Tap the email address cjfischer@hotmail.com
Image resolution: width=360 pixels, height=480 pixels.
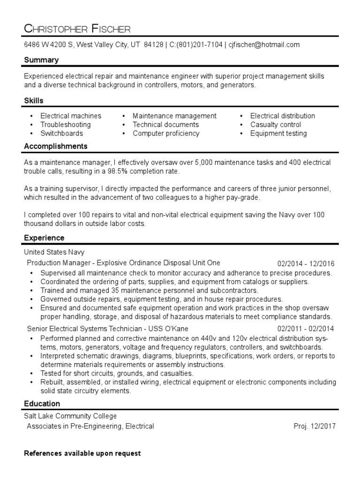pos(264,45)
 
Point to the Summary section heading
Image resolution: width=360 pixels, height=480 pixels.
pos(41,60)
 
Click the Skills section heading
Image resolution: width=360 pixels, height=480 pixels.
pos(33,101)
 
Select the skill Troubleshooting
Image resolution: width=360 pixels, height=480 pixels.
pos(65,125)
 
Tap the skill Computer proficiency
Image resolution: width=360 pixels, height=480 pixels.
pos(165,133)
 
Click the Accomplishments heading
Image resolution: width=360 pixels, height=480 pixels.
pos(56,146)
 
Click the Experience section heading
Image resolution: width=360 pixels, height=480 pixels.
pos(44,238)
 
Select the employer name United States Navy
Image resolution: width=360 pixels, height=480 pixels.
pos(54,252)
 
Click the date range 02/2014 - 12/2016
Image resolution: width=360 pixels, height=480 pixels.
pos(306,263)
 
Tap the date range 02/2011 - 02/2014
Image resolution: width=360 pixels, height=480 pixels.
pos(306,328)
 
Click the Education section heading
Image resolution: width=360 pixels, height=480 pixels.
pos(42,404)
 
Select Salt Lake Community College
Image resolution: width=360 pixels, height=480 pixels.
pos(70,416)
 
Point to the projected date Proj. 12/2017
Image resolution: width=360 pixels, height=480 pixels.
pos(314,426)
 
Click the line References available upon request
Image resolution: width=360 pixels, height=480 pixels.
pos(82,453)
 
